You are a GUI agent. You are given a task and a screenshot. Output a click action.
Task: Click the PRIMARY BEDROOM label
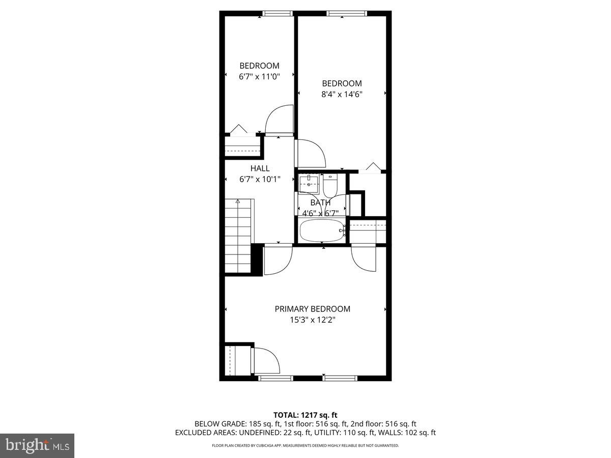pos(312,309)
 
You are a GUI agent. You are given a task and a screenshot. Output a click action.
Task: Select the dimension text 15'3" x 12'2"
pos(312,320)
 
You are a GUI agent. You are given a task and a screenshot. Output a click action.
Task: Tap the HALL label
pos(260,168)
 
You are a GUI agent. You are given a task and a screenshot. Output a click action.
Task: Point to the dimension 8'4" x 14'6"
pos(342,94)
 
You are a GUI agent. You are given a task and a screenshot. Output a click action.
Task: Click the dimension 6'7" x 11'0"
pos(259,76)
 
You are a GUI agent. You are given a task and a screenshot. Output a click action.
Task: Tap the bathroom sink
pos(308,183)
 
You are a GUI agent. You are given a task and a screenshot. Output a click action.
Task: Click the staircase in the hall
pos(239,237)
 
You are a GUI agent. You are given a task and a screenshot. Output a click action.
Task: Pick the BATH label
pos(320,203)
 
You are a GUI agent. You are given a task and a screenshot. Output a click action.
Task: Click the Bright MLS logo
pos(37,445)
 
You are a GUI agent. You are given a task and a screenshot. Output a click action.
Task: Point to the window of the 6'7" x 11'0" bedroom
pos(277,14)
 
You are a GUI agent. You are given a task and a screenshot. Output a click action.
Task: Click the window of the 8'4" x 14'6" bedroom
pos(342,14)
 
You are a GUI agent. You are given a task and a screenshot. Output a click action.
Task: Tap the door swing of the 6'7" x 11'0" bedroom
pos(279,120)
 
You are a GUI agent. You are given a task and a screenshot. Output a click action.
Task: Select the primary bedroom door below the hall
pos(277,260)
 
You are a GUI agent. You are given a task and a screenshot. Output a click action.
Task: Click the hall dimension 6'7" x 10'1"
pos(260,179)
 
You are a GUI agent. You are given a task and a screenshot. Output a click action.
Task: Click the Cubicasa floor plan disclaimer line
pos(305,445)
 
